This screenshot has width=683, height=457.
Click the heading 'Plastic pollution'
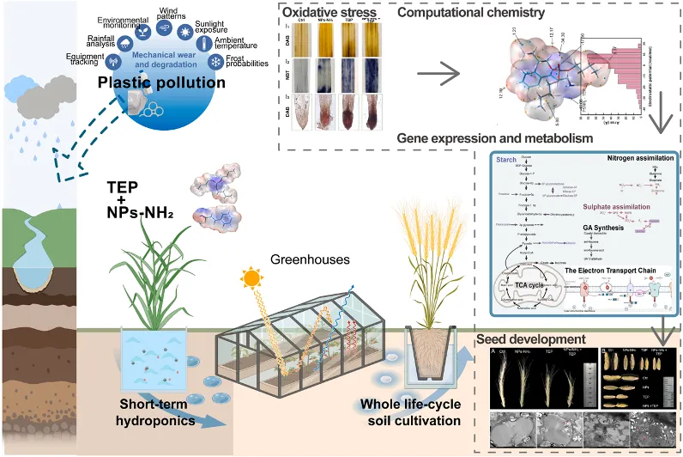[162, 83]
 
